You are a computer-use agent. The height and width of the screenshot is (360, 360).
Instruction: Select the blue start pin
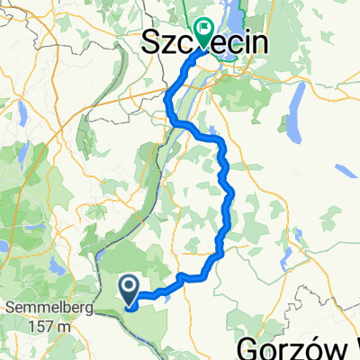pyautogui.click(x=130, y=290)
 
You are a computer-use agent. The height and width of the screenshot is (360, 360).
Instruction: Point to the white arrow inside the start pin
pyautogui.click(x=130, y=287)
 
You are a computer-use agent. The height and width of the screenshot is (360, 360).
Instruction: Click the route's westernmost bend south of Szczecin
pyautogui.click(x=167, y=108)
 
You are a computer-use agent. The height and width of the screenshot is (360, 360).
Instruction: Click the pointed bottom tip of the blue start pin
pyautogui.click(x=130, y=306)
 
